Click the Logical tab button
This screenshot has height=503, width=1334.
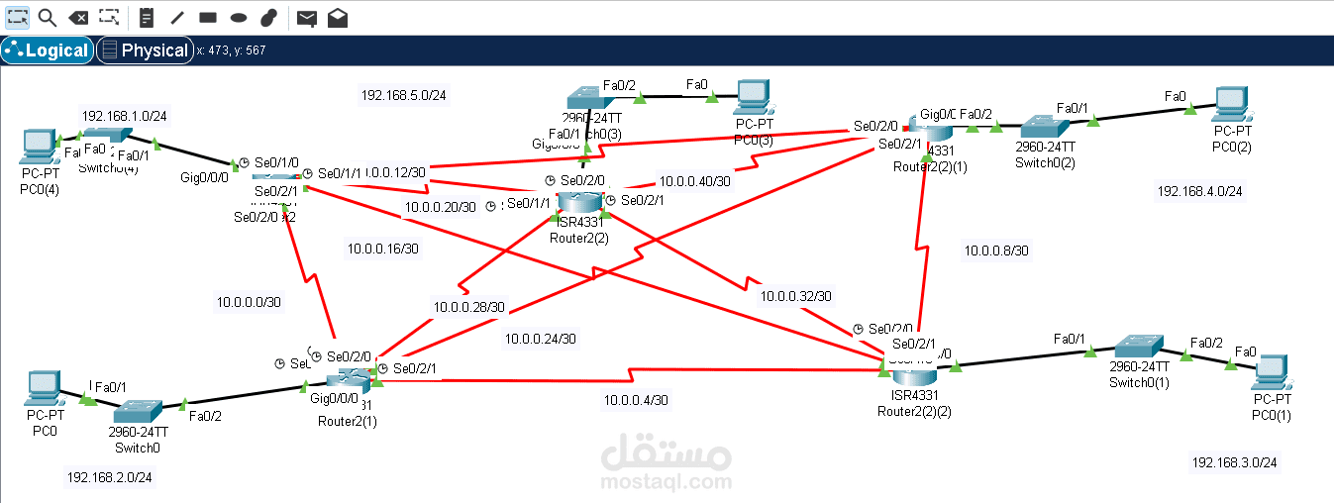[x=48, y=50]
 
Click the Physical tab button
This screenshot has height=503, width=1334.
[x=145, y=50]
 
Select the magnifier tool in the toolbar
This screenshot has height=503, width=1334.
[x=47, y=17]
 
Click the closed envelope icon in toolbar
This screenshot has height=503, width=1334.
[x=307, y=18]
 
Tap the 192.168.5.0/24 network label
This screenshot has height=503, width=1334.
[x=403, y=96]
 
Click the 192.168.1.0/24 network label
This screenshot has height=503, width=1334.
[x=124, y=116]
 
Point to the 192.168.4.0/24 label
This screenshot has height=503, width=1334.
[x=1199, y=191]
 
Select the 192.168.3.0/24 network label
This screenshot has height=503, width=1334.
[x=1234, y=462]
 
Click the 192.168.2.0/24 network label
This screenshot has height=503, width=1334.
[x=109, y=477]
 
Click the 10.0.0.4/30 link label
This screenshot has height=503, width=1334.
[x=636, y=400]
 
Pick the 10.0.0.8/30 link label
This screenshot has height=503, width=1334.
[x=996, y=251]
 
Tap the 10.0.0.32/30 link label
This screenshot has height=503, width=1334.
[x=796, y=296]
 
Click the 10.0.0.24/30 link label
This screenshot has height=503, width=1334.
[x=540, y=339]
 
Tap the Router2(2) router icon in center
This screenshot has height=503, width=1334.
[x=579, y=202]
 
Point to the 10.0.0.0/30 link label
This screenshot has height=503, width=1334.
[x=249, y=302]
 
